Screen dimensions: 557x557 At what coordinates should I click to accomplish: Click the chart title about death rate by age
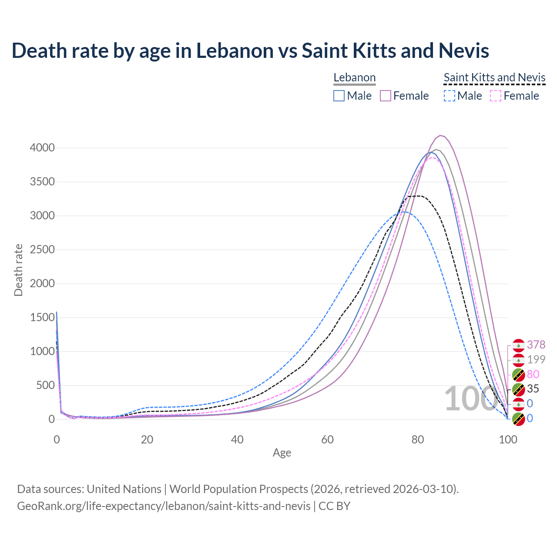(x=250, y=50)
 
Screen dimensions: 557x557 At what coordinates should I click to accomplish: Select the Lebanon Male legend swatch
(x=339, y=96)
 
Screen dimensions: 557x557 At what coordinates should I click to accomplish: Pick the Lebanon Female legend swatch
(x=386, y=96)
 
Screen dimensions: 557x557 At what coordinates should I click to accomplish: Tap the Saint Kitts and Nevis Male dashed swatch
(x=450, y=96)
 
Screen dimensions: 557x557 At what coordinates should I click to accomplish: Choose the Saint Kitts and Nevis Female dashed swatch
(x=496, y=96)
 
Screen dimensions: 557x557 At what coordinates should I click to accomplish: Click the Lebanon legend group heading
(x=354, y=77)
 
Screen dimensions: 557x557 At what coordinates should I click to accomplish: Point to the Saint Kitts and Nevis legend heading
(x=494, y=77)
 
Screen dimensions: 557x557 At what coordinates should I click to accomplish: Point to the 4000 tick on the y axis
(x=42, y=148)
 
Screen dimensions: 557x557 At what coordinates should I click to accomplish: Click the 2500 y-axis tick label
(x=42, y=250)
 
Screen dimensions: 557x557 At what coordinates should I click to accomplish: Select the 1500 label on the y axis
(x=42, y=318)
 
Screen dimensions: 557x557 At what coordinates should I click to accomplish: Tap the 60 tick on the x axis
(x=327, y=440)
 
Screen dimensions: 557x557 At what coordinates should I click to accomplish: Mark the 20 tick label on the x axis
(x=147, y=440)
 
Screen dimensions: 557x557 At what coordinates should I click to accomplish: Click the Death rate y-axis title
(x=18, y=270)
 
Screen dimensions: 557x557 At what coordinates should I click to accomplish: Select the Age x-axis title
(x=282, y=453)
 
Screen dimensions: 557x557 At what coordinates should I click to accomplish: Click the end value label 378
(x=536, y=345)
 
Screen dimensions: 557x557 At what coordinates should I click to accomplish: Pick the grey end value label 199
(x=536, y=359)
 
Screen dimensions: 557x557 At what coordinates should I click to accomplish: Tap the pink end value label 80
(x=533, y=374)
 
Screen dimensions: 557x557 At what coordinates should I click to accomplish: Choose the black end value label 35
(x=533, y=389)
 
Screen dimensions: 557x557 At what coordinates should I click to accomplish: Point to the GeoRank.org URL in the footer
(x=164, y=506)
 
